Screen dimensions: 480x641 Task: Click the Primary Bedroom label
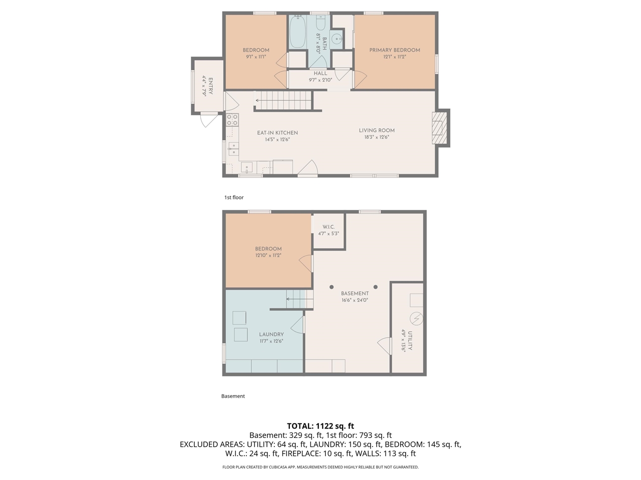pyautogui.click(x=395, y=50)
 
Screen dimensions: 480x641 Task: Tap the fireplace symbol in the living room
pyautogui.click(x=439, y=127)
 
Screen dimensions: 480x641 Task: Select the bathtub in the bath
pyautogui.click(x=297, y=32)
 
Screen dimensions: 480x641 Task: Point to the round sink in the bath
pyautogui.click(x=339, y=38)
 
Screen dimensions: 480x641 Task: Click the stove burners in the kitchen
pyautogui.click(x=232, y=119)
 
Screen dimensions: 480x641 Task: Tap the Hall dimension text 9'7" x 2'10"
pyautogui.click(x=320, y=80)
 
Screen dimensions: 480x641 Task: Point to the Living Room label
pyautogui.click(x=377, y=130)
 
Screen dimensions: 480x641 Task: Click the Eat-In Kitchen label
pyautogui.click(x=277, y=133)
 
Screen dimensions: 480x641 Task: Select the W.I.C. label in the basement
pyautogui.click(x=329, y=227)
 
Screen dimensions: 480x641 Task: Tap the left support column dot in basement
pyautogui.click(x=332, y=287)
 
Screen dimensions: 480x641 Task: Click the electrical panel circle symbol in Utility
pyautogui.click(x=416, y=318)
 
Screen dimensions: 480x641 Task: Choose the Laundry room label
pyautogui.click(x=271, y=334)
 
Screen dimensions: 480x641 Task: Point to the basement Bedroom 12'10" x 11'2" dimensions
pyautogui.click(x=268, y=255)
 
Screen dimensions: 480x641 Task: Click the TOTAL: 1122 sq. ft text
pyautogui.click(x=320, y=426)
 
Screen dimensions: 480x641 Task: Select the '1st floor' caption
pyautogui.click(x=234, y=197)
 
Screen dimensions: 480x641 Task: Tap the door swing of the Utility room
pyautogui.click(x=385, y=345)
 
